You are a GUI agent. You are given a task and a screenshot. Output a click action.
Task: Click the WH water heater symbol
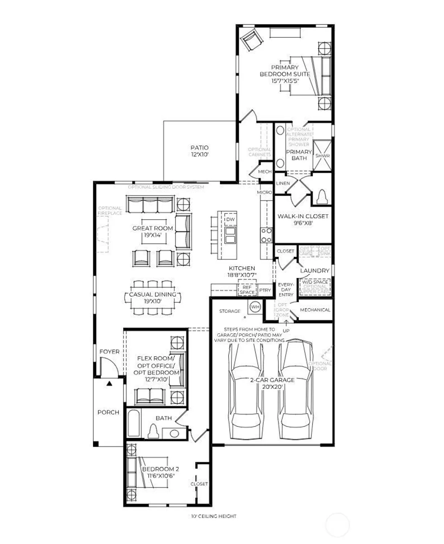[x=255, y=307]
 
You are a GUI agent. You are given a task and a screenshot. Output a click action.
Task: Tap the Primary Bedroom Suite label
[x=285, y=74]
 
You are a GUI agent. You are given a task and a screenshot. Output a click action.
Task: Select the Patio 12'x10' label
[x=200, y=151]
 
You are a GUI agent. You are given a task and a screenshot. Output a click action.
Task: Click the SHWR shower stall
[x=322, y=155]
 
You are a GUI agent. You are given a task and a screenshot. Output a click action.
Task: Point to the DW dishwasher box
[x=230, y=219]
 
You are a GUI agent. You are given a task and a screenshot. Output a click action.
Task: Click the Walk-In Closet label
[x=303, y=219]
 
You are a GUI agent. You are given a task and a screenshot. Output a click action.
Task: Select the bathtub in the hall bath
[x=133, y=423]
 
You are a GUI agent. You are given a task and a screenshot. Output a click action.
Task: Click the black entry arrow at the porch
[x=109, y=383]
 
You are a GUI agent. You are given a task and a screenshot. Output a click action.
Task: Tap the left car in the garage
[x=246, y=390]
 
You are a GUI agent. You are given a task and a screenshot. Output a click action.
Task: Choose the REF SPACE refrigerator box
[x=247, y=289]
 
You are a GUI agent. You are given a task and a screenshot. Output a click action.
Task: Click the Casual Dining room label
[x=153, y=297]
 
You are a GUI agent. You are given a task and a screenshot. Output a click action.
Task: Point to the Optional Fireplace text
[x=110, y=211]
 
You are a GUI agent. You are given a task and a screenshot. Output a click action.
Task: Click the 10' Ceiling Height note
[x=214, y=516]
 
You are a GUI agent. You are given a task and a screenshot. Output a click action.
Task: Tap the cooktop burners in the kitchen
[x=266, y=235]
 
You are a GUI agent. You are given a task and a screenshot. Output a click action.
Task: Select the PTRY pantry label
[x=265, y=290]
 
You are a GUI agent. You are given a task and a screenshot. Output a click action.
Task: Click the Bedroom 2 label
[x=161, y=472]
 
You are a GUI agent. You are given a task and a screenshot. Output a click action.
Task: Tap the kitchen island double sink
[x=230, y=235]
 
